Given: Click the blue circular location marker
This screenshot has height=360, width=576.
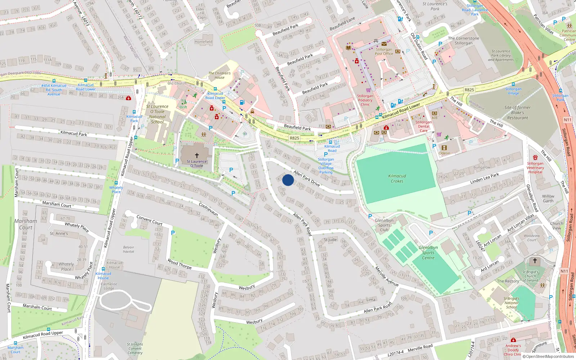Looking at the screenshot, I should click(x=288, y=180).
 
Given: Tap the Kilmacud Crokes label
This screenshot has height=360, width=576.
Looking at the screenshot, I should click(x=397, y=179).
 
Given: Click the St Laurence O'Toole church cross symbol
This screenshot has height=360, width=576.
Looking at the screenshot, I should click(x=197, y=156).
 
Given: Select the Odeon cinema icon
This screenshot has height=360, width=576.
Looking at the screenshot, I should click(x=444, y=148).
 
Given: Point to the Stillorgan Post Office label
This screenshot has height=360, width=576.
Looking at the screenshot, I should click(x=384, y=51).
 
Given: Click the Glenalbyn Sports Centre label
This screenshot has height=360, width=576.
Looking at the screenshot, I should click(x=428, y=253).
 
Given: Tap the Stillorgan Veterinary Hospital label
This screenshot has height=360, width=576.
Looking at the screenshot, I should click(x=535, y=168).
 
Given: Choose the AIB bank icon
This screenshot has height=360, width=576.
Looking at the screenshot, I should click(x=435, y=113).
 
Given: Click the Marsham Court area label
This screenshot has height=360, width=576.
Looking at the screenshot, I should click(x=26, y=224).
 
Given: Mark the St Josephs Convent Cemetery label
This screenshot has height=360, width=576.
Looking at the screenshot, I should click(x=135, y=348).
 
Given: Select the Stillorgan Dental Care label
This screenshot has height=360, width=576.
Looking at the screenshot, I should click(x=423, y=126).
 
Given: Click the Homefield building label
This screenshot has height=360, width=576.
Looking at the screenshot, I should click(x=203, y=42).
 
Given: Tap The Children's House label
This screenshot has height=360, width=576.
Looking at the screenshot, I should click(x=220, y=75).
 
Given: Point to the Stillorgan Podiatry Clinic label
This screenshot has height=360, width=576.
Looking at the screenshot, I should click(x=365, y=100).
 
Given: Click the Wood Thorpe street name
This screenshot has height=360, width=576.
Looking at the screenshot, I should click(x=179, y=264).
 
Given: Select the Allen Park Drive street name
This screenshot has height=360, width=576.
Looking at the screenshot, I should click(x=307, y=178).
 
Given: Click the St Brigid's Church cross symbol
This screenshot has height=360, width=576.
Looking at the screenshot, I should click(x=535, y=261).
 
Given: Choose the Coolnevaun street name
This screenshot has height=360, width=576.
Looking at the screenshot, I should click(x=208, y=209).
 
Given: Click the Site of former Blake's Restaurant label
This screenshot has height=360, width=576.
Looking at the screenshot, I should click(x=517, y=113).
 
